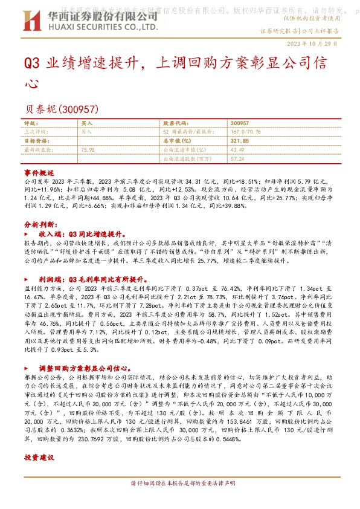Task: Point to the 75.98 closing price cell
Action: pos(88,149)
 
